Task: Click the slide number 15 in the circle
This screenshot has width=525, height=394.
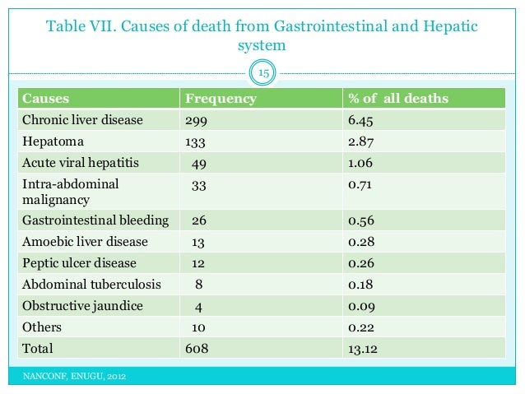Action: click(x=264, y=75)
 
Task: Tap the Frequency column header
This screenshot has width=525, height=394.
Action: click(x=221, y=99)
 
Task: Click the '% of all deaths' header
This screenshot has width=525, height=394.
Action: click(x=398, y=99)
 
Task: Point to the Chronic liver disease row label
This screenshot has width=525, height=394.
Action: click(x=82, y=120)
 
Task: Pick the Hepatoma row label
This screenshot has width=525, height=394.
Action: click(x=53, y=141)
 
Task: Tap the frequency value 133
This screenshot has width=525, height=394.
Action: click(x=197, y=141)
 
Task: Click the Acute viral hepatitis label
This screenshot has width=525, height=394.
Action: click(x=81, y=162)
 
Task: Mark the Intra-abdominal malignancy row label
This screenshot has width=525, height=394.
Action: click(x=71, y=191)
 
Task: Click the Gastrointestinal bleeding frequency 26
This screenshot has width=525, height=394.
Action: click(x=199, y=220)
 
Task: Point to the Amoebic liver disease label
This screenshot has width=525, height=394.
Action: click(x=85, y=242)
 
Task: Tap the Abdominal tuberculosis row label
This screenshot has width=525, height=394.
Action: click(x=91, y=285)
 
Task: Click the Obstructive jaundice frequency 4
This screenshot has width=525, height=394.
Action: click(x=199, y=306)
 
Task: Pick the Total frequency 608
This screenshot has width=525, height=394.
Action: click(x=197, y=349)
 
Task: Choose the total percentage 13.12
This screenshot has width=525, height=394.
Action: click(x=363, y=349)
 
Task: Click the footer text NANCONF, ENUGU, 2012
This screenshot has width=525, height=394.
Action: click(x=75, y=378)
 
